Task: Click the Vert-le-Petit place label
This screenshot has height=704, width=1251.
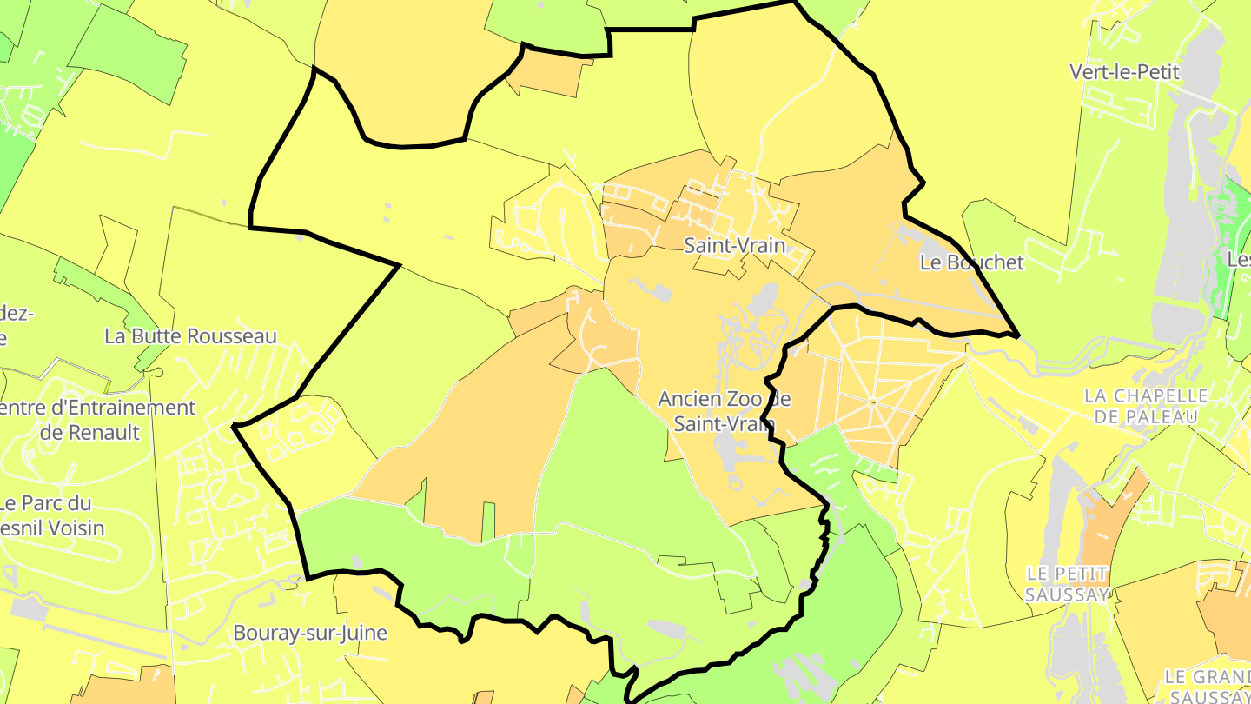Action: [x=1125, y=72]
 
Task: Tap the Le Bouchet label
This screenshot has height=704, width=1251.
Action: [x=972, y=262]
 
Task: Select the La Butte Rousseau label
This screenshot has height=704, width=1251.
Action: [x=190, y=336]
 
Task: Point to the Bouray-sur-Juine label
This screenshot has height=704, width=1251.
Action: [x=310, y=633]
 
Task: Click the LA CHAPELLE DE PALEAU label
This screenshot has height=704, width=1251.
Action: [x=1146, y=406]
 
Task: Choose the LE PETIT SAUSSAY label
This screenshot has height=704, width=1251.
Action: [x=1068, y=583]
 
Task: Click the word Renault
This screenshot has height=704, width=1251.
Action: [x=103, y=432]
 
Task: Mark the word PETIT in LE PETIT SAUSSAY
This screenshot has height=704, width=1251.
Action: [x=1083, y=574]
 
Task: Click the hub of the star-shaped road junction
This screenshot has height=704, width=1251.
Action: [x=871, y=401]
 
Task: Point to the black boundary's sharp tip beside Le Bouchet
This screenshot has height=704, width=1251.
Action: [x=1017, y=335]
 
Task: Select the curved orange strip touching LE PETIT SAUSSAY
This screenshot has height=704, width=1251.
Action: [x=1105, y=521]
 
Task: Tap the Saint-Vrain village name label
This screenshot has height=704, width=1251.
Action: [x=734, y=246]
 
